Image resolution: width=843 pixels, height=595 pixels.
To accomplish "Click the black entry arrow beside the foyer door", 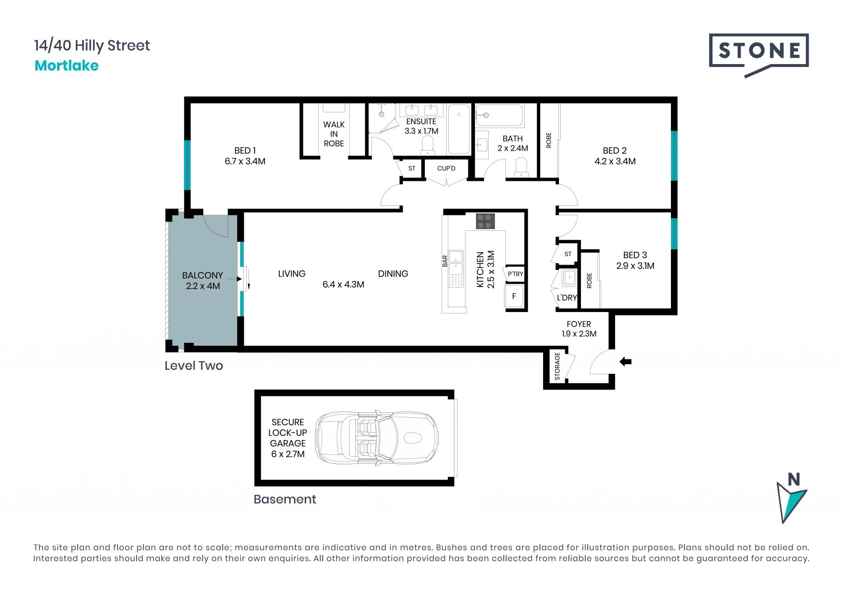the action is tap(625, 362).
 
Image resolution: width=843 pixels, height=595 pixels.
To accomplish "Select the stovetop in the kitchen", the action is tap(486, 221).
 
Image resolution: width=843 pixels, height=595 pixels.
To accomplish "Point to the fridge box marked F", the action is tap(514, 296).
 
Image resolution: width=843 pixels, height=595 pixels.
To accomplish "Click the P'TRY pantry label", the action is tap(515, 274).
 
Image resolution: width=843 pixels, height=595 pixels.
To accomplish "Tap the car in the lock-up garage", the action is tap(377, 438).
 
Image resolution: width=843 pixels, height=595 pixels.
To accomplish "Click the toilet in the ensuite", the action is tap(427, 145).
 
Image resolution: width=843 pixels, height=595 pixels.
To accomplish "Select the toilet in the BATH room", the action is tap(521, 167).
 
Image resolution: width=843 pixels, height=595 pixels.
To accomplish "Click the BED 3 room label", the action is tap(635, 260).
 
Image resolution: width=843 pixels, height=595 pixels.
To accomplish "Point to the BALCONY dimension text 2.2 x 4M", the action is tap(203, 286).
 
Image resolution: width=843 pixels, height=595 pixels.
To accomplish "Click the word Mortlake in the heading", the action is tap(67, 66).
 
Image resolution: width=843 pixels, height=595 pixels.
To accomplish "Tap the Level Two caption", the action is tap(194, 366).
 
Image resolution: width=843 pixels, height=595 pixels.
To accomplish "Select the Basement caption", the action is tap(285, 499).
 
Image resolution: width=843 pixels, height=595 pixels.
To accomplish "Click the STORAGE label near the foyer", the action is tap(557, 366).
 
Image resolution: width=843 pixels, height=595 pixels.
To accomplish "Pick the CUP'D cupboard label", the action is tap(446, 168).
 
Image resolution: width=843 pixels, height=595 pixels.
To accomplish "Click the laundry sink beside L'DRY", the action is tap(570, 278).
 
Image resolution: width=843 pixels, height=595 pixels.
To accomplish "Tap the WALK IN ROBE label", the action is tap(334, 134).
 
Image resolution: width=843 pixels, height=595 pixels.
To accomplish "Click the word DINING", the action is tap(393, 274).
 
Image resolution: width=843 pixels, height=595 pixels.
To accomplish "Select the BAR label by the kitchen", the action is tap(445, 261).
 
